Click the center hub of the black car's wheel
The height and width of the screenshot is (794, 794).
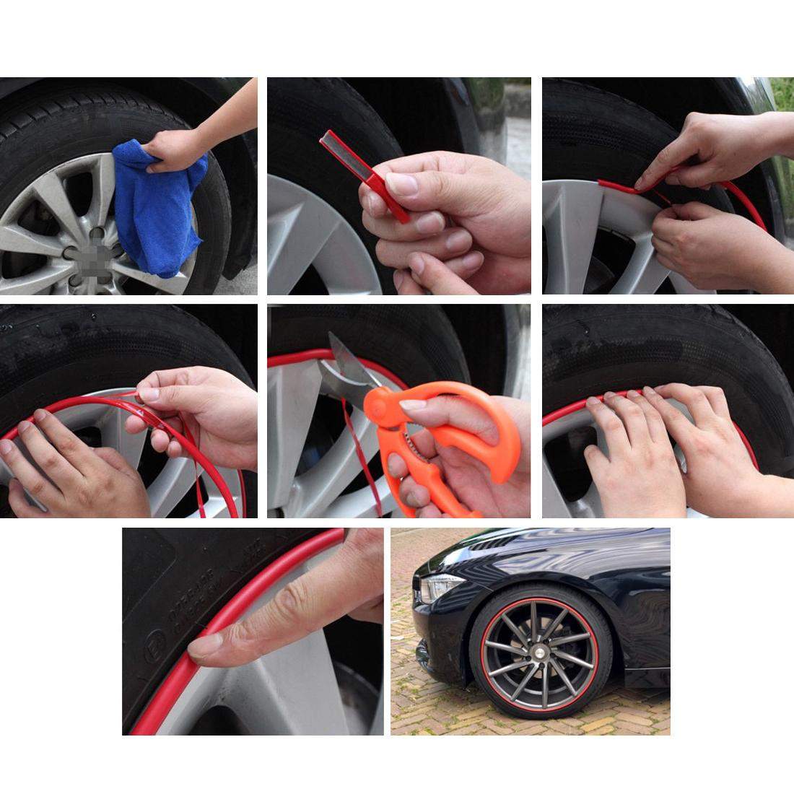(539, 650)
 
